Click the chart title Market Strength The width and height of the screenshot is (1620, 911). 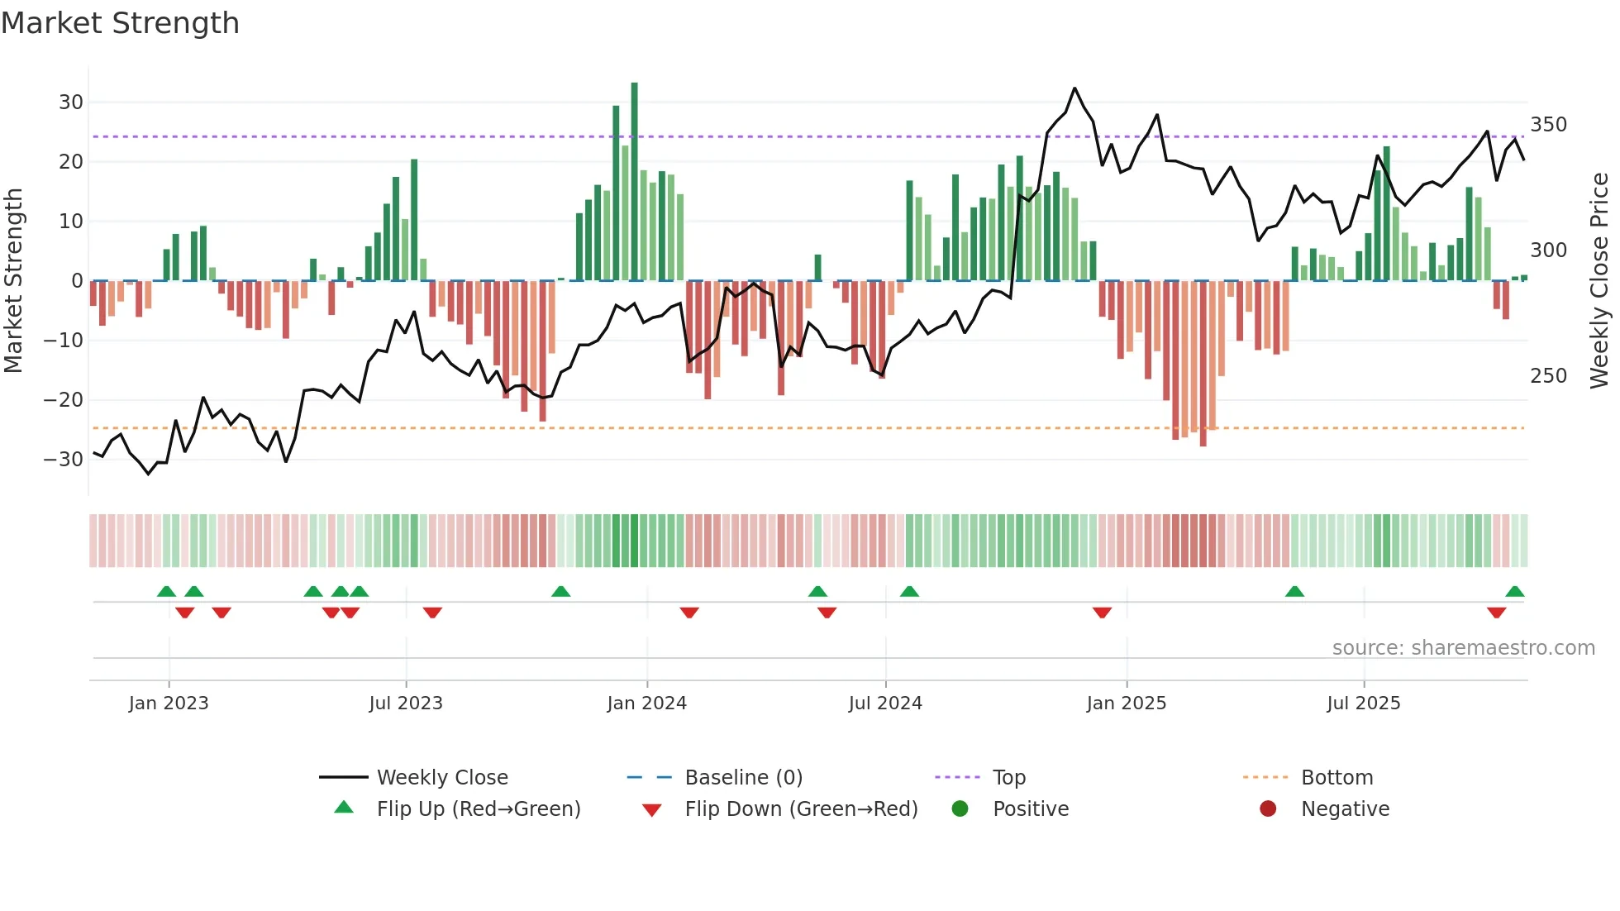tap(120, 23)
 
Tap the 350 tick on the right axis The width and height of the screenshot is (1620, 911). tap(1548, 125)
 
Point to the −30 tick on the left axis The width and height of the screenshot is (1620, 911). tap(64, 460)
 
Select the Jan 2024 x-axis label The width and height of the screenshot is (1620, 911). tap(646, 704)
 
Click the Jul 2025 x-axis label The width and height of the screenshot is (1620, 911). tap(1363, 704)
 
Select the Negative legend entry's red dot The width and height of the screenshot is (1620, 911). tap(1268, 809)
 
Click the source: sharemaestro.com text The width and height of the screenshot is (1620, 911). tap(1463, 648)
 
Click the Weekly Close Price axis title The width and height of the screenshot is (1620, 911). tap(1599, 281)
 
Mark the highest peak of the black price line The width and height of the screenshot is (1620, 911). tap(1074, 88)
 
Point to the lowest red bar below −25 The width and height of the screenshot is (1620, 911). tap(1203, 443)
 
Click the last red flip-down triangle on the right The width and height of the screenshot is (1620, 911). tap(1496, 613)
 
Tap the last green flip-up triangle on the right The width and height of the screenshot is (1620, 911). tap(1514, 591)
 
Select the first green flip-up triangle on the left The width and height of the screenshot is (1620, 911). tap(166, 591)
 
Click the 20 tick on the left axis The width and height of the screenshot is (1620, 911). tap(71, 162)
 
